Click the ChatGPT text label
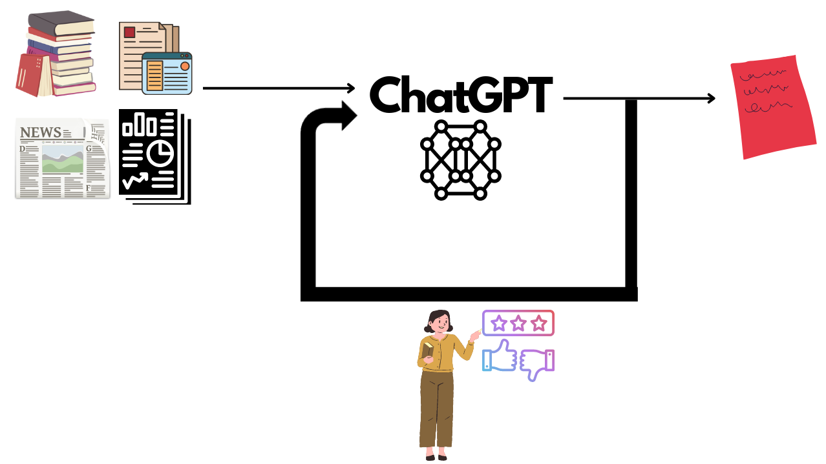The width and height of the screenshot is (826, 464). point(460,96)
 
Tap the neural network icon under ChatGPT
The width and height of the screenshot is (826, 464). point(460,159)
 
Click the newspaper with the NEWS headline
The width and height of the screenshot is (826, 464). point(61,159)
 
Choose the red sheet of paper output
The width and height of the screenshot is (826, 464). point(772,109)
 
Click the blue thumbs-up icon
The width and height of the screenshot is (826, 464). point(499,357)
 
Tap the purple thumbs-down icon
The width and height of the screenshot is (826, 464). point(537,363)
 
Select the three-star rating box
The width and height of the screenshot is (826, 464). point(518,323)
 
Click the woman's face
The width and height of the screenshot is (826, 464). point(440,321)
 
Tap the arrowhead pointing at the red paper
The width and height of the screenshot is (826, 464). point(712,98)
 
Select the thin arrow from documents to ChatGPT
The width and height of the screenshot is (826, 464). point(278,88)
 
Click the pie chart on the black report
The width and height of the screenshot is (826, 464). point(160,153)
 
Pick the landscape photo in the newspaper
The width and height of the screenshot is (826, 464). point(63,161)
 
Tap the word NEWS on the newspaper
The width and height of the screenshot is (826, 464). point(41,133)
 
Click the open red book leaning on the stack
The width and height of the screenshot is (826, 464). point(32,75)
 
